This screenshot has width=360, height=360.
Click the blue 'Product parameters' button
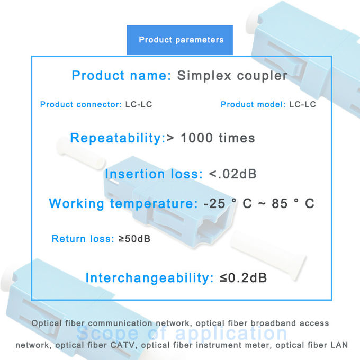[x=181, y=40]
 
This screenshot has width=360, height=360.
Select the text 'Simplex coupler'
[x=232, y=76]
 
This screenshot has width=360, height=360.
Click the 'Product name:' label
[x=121, y=76]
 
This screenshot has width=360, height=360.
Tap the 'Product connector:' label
[x=80, y=104]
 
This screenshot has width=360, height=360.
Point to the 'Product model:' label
[x=253, y=104]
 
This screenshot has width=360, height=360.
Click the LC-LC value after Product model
[x=302, y=104]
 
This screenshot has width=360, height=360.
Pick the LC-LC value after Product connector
[x=139, y=104]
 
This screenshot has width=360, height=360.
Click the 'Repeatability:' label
[x=118, y=139]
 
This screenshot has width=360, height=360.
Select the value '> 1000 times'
[x=211, y=139]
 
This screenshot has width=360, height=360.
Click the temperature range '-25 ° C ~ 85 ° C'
[x=258, y=204]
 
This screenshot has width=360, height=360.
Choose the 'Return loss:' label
[x=83, y=239]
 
